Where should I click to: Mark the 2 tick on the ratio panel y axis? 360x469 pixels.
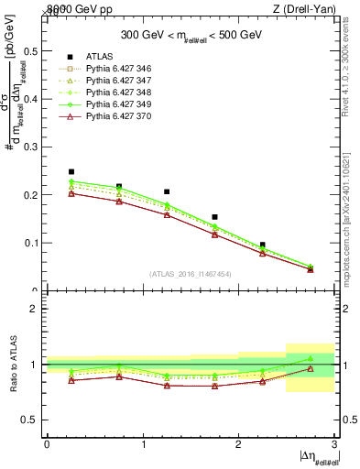coord(37,309)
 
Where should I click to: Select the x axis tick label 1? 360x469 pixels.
coord(144,444)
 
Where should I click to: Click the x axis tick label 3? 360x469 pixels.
coord(334,444)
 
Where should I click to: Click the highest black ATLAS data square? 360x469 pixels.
coord(71,171)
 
